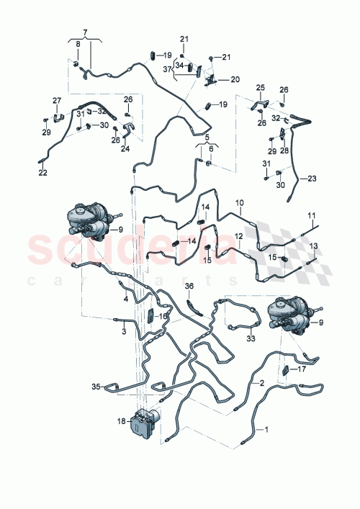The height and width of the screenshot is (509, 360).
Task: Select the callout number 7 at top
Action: point(85,32)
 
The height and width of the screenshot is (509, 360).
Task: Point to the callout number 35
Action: point(95,387)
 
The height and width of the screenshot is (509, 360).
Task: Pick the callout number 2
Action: point(262,383)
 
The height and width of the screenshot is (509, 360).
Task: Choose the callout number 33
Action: point(251,338)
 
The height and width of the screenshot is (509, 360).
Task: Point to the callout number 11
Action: point(312,215)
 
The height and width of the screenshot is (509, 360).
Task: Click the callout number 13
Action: point(313,246)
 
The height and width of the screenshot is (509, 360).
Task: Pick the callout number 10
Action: point(240,203)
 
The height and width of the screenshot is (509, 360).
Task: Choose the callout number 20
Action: point(235,80)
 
